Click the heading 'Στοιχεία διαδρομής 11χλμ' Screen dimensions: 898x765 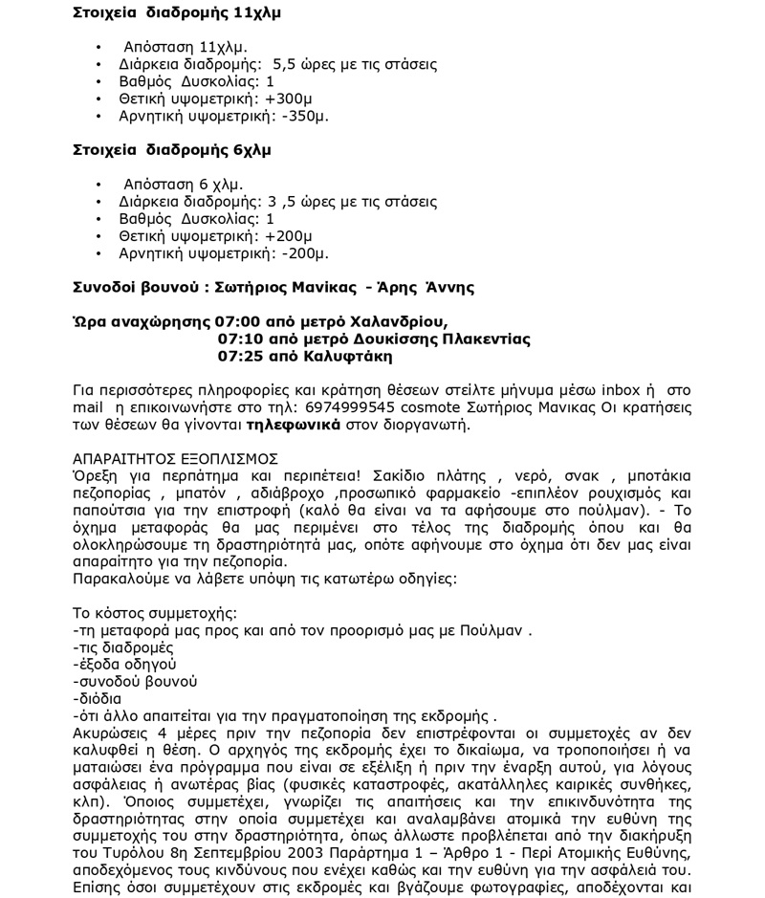(x=177, y=13)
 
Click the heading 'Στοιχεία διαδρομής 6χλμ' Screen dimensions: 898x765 (x=172, y=150)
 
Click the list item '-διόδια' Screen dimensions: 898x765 (x=98, y=699)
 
